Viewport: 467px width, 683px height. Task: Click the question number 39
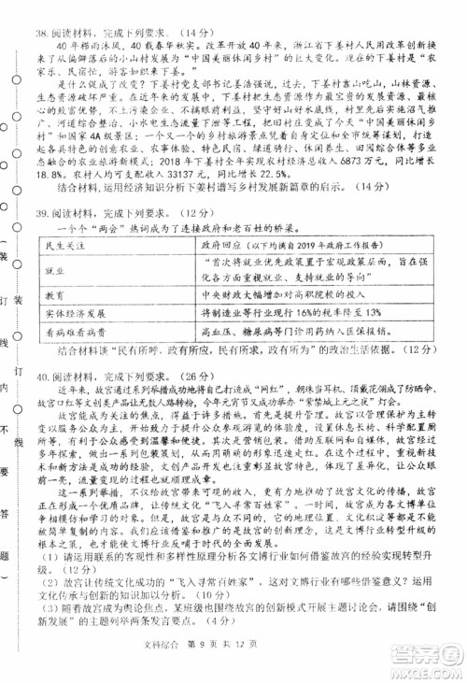pos(42,213)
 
